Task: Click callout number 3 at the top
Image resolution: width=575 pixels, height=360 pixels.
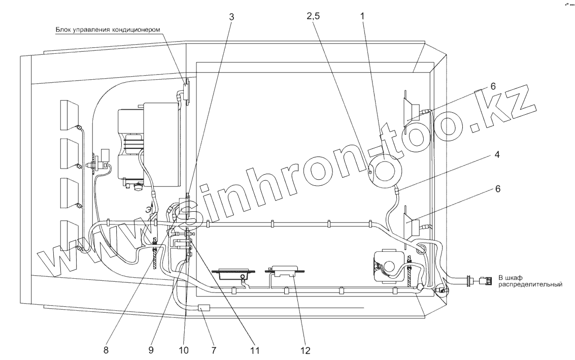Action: (x=231, y=17)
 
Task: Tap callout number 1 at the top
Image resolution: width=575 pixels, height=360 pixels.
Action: (x=362, y=16)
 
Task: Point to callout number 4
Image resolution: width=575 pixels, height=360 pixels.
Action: (x=497, y=154)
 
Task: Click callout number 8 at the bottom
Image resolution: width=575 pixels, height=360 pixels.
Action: (x=106, y=350)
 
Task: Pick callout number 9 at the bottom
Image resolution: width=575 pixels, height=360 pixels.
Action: (x=151, y=350)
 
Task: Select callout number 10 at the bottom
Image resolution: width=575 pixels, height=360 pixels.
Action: (x=184, y=350)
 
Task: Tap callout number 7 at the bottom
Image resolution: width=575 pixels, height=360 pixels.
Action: (x=214, y=350)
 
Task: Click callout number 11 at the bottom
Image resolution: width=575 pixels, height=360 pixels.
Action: (x=254, y=350)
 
